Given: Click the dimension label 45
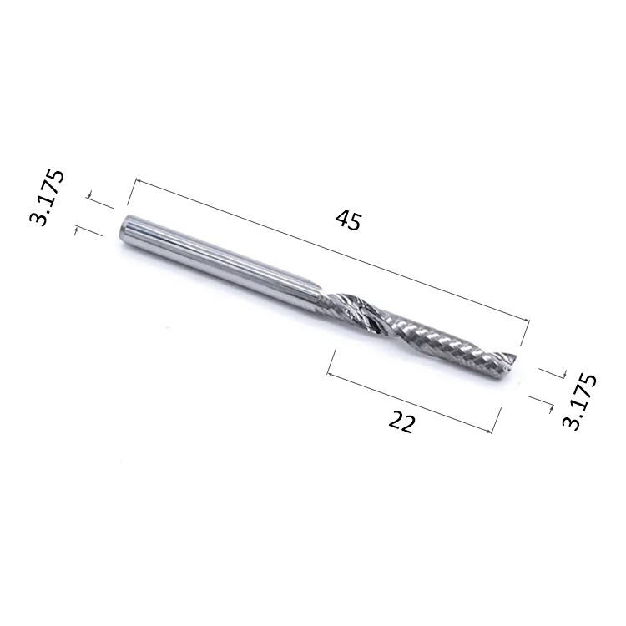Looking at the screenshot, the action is coord(349,220).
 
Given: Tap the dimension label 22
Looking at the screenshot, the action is coord(401,423).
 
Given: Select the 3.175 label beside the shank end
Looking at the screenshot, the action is coord(47,198).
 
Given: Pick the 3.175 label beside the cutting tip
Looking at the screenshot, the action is coord(579,401).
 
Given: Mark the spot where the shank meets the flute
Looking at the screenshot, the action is coord(322,300).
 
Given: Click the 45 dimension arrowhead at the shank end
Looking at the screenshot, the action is coord(139,181).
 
